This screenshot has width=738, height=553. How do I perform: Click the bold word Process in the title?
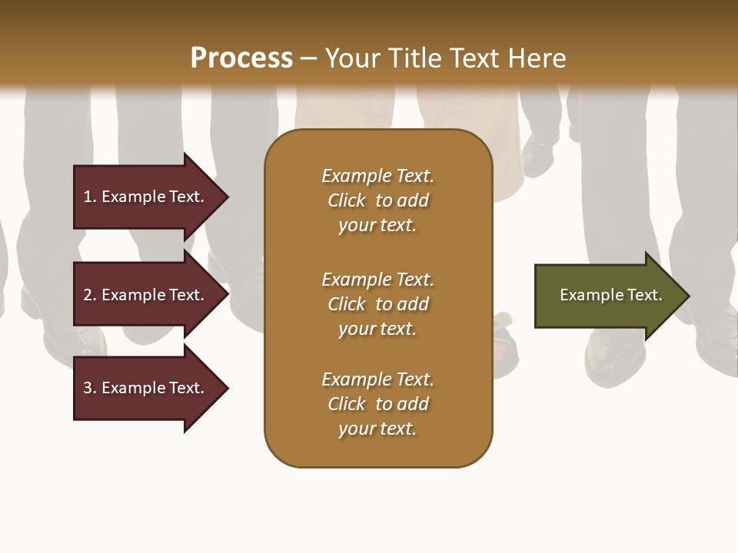(x=241, y=58)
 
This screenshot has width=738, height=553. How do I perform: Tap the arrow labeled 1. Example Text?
(x=146, y=197)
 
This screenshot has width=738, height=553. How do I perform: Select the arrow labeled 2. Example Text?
(x=146, y=295)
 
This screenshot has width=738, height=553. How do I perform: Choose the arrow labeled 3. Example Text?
(x=146, y=388)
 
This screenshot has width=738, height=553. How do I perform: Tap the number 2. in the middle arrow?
(x=90, y=295)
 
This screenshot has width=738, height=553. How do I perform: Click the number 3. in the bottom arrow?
(x=90, y=388)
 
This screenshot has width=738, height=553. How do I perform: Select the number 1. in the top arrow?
(x=90, y=197)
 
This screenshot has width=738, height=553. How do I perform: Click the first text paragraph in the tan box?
(x=377, y=200)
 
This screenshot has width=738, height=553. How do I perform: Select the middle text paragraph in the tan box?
(x=377, y=304)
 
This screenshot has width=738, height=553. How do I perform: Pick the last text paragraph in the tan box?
(x=377, y=404)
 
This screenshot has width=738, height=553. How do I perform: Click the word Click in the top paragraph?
(x=347, y=200)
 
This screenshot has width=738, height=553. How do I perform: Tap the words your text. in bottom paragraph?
(x=377, y=429)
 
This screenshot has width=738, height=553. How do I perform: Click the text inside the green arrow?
(x=610, y=295)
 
